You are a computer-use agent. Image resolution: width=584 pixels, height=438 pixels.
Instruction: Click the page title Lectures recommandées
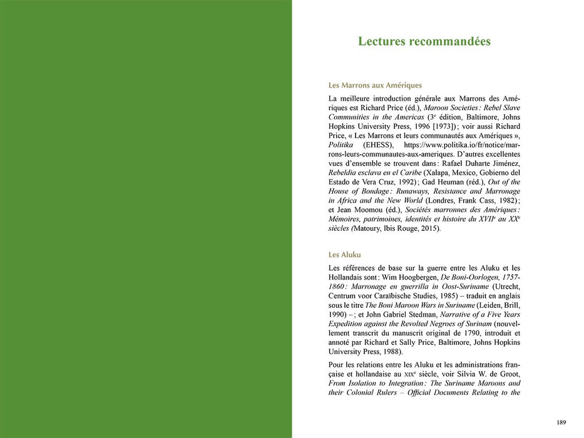[424, 42]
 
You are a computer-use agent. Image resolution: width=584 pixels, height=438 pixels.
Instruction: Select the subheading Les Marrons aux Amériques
[375, 85]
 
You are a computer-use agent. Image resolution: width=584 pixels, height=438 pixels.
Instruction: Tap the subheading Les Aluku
[344, 255]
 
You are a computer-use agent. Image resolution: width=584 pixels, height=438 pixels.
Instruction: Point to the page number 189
[561, 422]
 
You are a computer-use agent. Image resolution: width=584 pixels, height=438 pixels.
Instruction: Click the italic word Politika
[342, 145]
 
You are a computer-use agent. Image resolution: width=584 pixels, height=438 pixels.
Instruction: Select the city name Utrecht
[505, 286]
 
